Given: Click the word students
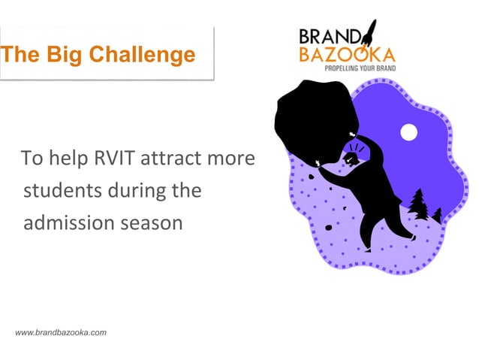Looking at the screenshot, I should [x=58, y=191].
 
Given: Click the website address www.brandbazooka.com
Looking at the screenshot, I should [x=61, y=332].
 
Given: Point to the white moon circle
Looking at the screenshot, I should [x=408, y=132].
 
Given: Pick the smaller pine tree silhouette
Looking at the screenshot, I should [x=437, y=215].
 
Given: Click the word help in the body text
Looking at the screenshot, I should [x=63, y=159].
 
